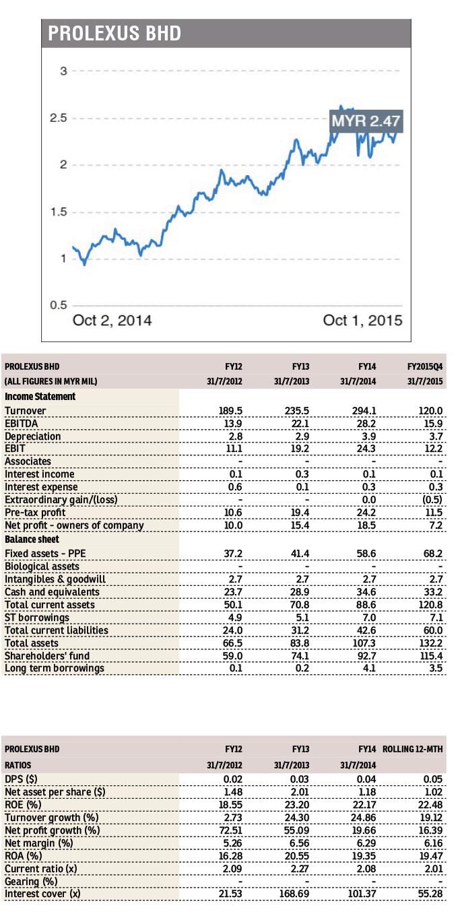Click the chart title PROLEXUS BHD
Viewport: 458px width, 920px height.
click(115, 33)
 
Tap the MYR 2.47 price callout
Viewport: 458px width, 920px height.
click(366, 122)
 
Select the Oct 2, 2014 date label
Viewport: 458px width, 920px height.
click(112, 321)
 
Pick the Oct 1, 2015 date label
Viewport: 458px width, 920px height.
click(362, 321)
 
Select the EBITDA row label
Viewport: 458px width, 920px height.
click(23, 423)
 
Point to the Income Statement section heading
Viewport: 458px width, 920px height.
click(40, 397)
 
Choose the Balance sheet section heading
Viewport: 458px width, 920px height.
click(32, 539)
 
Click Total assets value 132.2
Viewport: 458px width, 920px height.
click(431, 643)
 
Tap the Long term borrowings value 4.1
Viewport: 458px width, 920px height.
click(369, 669)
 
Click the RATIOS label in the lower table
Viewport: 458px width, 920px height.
click(20, 765)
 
